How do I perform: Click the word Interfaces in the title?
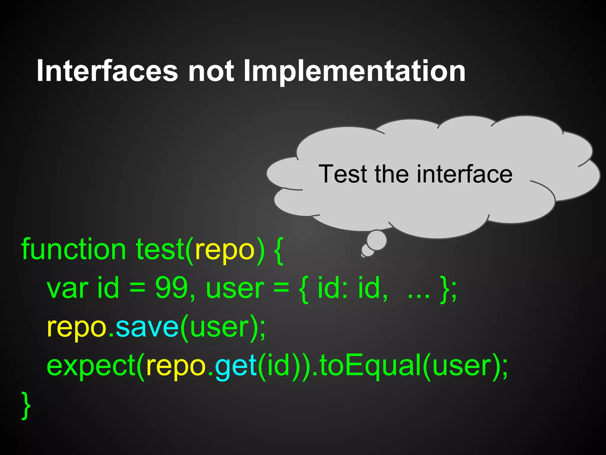tap(107, 71)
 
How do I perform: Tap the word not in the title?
tap(211, 71)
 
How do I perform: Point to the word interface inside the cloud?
tap(464, 174)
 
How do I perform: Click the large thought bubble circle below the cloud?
tap(376, 240)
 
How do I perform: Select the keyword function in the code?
tap(74, 250)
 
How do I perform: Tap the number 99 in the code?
tap(172, 288)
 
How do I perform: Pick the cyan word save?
tap(147, 328)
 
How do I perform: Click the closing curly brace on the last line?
tap(26, 405)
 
